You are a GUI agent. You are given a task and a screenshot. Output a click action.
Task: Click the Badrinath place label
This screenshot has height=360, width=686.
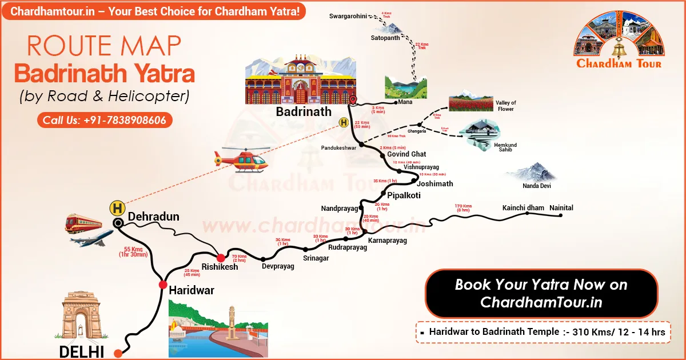(303, 111)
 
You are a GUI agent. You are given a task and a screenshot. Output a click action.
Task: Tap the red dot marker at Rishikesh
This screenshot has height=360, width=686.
(221, 258)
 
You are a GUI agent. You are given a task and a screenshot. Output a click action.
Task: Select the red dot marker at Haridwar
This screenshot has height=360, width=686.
(162, 284)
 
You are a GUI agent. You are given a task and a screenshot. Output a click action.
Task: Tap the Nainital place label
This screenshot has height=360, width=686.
(561, 208)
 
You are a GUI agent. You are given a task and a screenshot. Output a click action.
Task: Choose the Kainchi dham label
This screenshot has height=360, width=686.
(523, 208)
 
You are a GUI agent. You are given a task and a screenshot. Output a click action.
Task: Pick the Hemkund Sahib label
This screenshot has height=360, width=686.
(505, 148)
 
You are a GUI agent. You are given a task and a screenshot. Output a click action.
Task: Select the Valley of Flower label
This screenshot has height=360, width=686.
(506, 106)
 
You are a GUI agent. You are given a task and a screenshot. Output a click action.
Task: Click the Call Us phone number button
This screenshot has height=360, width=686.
(105, 121)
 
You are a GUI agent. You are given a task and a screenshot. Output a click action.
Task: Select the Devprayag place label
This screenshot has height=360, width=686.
(278, 266)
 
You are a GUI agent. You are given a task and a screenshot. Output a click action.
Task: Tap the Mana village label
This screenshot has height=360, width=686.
(406, 102)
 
